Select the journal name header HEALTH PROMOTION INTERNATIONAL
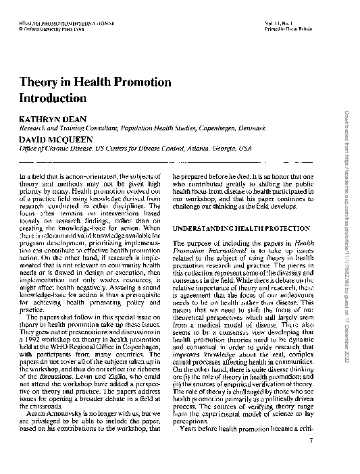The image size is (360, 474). point(54,24)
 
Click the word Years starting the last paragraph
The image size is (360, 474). point(192,448)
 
